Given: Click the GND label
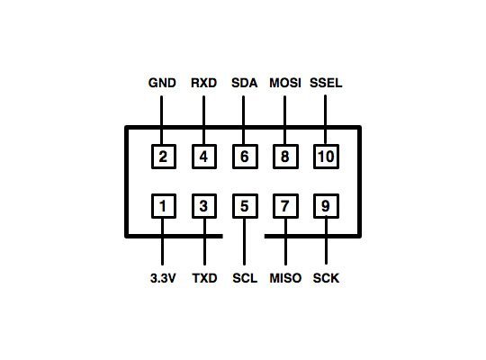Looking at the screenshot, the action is (162, 83).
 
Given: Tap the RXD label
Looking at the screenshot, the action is (203, 83).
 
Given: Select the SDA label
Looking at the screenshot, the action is (244, 83).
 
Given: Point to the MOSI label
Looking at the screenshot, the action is (285, 83).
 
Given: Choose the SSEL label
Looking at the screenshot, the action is (326, 83).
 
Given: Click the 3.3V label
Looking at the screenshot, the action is (163, 278).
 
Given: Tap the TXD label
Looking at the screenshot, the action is (204, 278).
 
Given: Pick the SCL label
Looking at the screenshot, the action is (245, 278).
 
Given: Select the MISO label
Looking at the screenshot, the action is (285, 278).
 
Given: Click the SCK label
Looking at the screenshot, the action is (326, 278).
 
